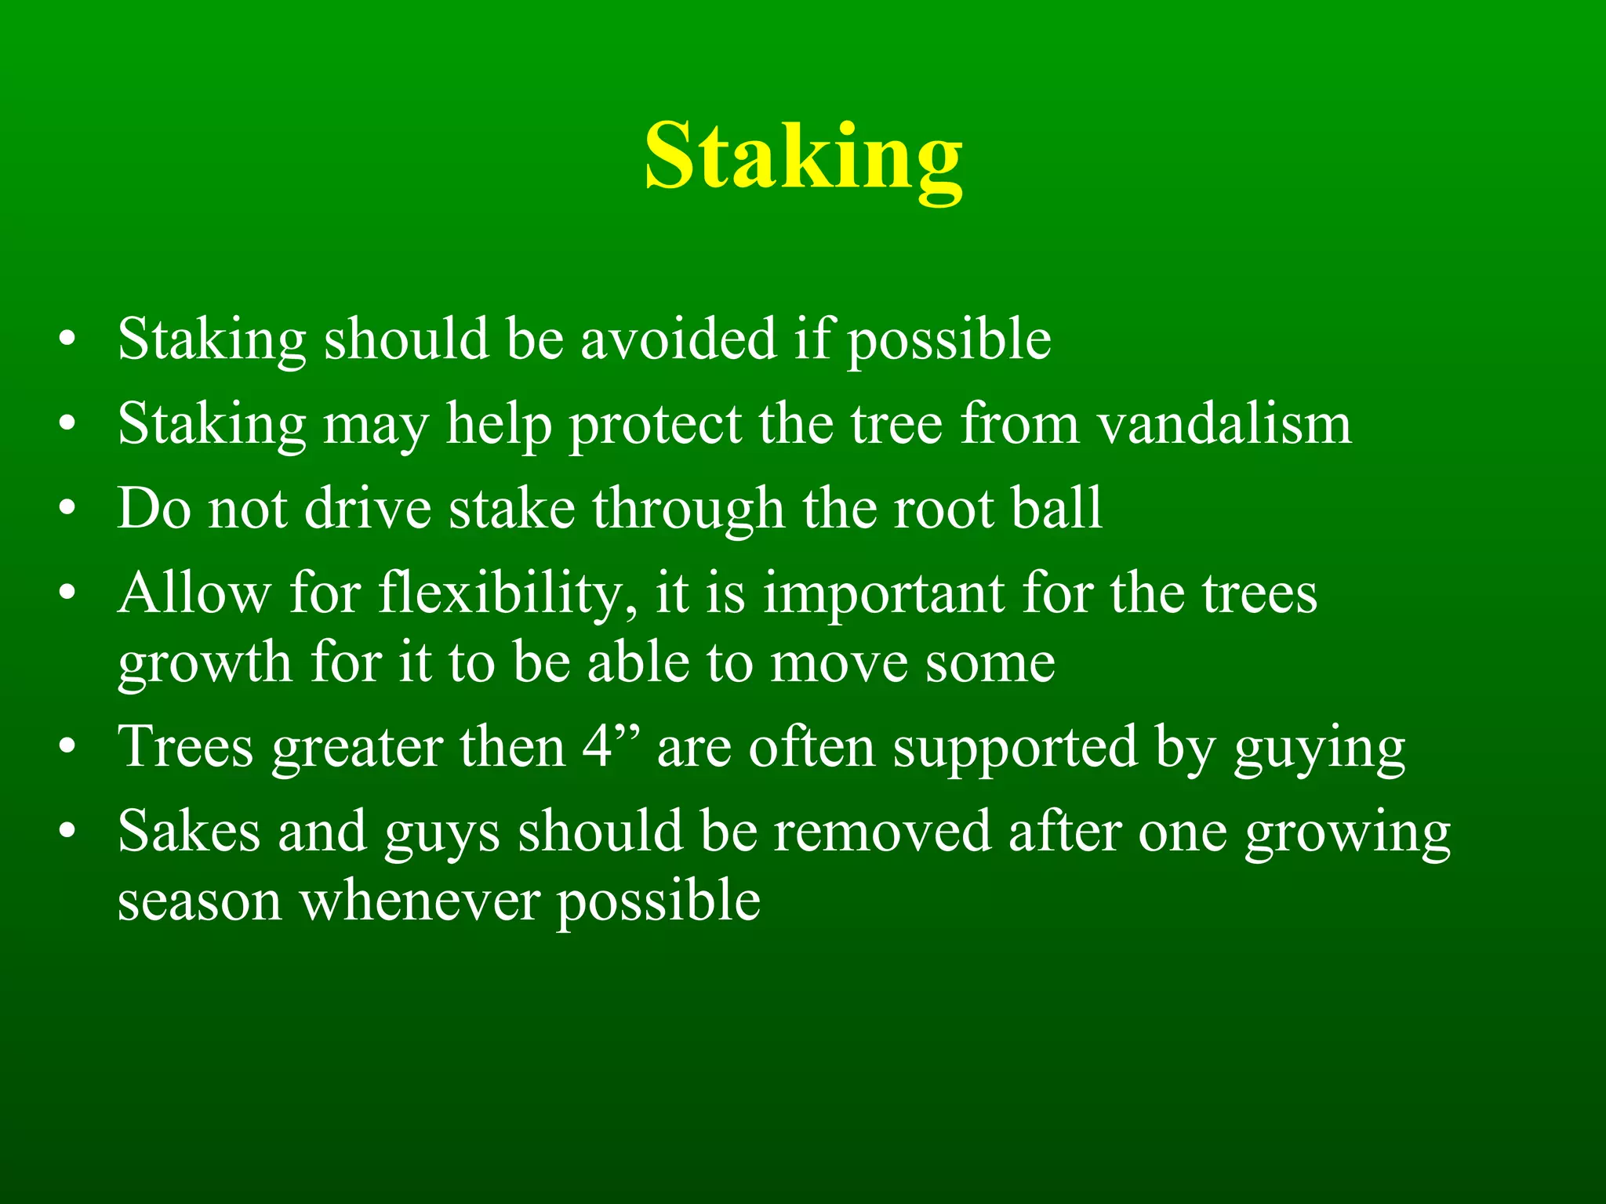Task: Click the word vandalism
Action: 1224,424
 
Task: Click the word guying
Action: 1319,748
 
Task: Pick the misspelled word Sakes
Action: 188,831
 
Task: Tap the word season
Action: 199,901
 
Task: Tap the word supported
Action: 1015,747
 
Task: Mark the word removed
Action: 882,831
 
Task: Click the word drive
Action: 368,509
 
